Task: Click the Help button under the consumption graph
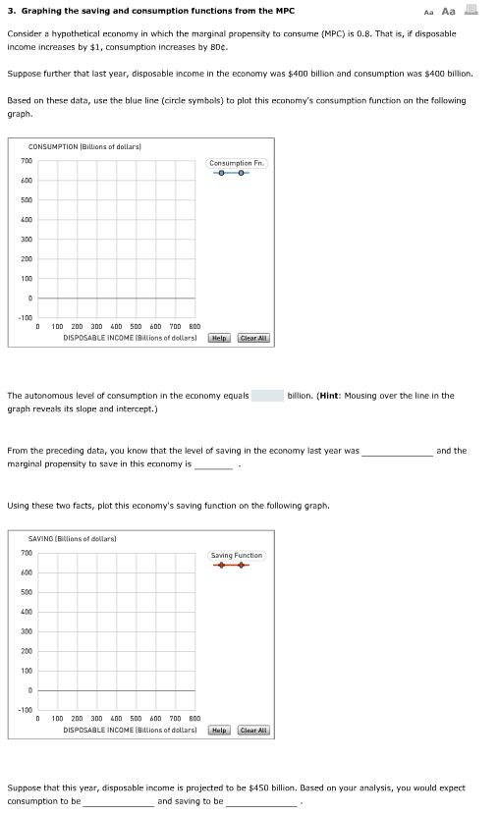(x=220, y=338)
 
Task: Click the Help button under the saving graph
(x=220, y=731)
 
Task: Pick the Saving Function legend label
(x=236, y=556)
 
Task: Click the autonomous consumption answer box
(x=267, y=396)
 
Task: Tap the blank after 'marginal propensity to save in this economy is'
(x=214, y=463)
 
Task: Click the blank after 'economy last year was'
(x=397, y=451)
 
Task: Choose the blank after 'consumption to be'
(x=119, y=801)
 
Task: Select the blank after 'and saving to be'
(x=260, y=801)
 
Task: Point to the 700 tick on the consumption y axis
(x=27, y=160)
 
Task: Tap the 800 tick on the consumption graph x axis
(x=194, y=327)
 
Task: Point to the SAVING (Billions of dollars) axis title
(x=73, y=538)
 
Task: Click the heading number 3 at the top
(x=9, y=12)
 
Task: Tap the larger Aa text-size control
(x=449, y=12)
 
